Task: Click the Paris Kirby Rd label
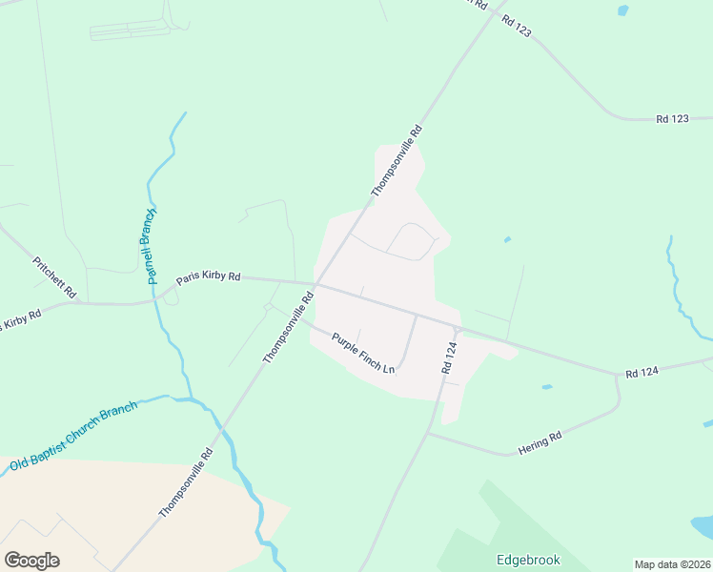[x=207, y=276]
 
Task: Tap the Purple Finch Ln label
[x=362, y=351]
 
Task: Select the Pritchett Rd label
[x=53, y=277]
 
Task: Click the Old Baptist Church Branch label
[x=73, y=435]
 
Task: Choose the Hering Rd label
[x=541, y=439]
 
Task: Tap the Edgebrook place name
[x=527, y=560]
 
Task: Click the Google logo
[x=31, y=561]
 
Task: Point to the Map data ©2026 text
[x=673, y=564]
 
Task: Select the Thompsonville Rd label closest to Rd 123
[x=396, y=160]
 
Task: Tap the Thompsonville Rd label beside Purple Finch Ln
[x=288, y=327]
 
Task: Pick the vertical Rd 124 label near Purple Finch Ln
[x=450, y=356]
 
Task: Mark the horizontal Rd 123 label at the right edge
[x=672, y=119]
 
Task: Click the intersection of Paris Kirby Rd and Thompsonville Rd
[x=315, y=284]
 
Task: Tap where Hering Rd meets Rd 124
[x=428, y=434]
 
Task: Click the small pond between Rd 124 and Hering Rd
[x=545, y=387]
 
